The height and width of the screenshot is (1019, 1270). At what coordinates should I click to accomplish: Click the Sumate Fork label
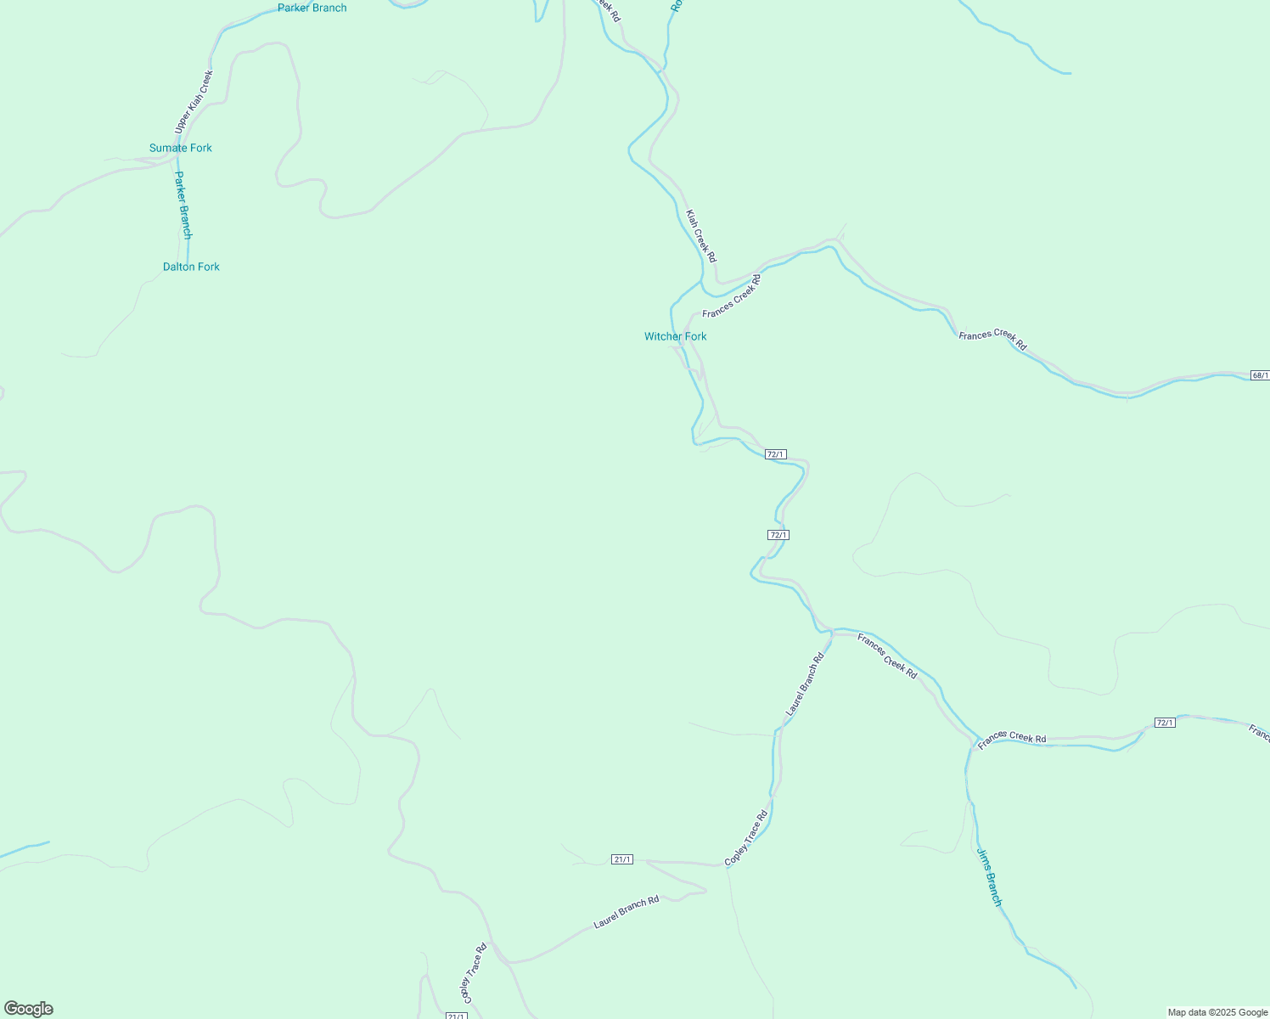click(x=181, y=148)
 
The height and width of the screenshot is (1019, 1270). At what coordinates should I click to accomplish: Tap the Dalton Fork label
click(x=191, y=267)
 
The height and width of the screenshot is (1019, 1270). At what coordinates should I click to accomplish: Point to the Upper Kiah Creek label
click(x=194, y=102)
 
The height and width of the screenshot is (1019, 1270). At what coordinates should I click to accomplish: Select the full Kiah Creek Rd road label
click(x=701, y=236)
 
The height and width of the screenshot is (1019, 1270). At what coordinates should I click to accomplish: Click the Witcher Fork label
click(x=675, y=336)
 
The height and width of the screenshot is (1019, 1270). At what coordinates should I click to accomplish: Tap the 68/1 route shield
click(x=1261, y=375)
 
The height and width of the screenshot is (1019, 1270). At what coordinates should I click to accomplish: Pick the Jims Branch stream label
click(x=989, y=877)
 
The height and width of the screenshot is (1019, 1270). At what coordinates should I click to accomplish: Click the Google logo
click(x=29, y=1009)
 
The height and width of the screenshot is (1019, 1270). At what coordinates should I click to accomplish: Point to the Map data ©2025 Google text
click(x=1217, y=1012)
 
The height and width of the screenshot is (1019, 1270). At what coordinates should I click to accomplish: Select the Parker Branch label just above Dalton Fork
click(x=183, y=205)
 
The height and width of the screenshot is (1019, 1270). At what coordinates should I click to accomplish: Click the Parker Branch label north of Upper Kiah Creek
click(x=312, y=8)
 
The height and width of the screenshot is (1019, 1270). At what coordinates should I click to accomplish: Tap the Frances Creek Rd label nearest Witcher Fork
click(x=732, y=296)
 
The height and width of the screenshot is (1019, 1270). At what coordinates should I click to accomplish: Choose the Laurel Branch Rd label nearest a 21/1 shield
click(x=627, y=912)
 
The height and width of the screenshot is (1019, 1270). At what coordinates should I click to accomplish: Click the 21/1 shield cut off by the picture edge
click(x=456, y=1016)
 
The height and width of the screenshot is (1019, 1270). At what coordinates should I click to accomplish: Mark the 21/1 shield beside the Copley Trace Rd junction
click(x=622, y=859)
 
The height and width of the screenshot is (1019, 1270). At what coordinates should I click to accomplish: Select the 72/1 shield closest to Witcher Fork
click(x=775, y=454)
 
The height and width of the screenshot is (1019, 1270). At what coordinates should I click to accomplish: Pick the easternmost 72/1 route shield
click(x=1165, y=723)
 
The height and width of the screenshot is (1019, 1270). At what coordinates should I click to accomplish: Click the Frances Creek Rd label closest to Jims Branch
click(x=1012, y=739)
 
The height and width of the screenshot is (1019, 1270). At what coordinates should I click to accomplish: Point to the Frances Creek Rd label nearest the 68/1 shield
click(x=992, y=341)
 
